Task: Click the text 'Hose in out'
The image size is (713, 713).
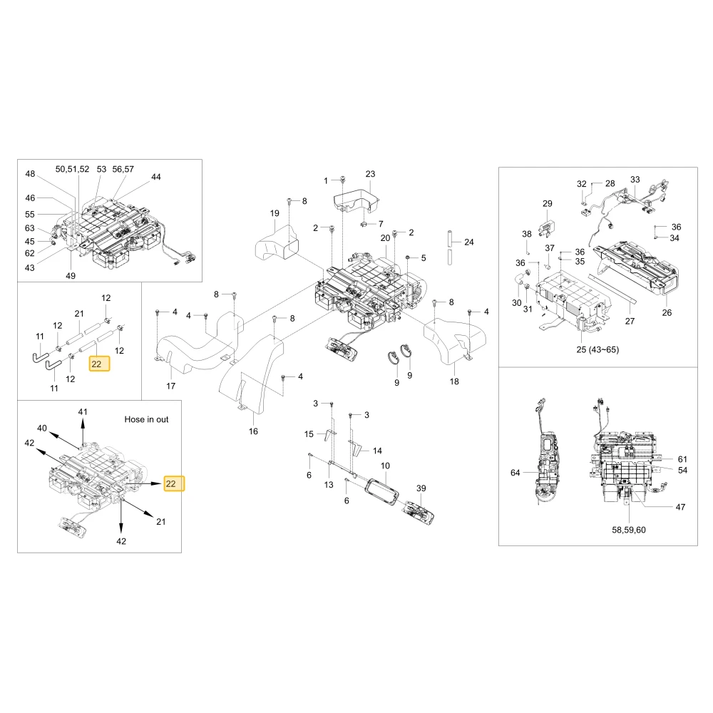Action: tap(146, 419)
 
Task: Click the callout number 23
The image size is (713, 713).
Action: tap(371, 174)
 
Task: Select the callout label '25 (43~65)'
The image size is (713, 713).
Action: tap(597, 349)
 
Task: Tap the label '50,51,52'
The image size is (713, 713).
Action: tap(72, 169)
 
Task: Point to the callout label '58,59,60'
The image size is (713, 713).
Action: tap(629, 530)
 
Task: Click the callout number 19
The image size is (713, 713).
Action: tap(275, 213)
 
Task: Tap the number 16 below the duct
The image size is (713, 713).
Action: tap(253, 431)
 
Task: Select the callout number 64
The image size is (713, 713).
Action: tap(515, 473)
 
